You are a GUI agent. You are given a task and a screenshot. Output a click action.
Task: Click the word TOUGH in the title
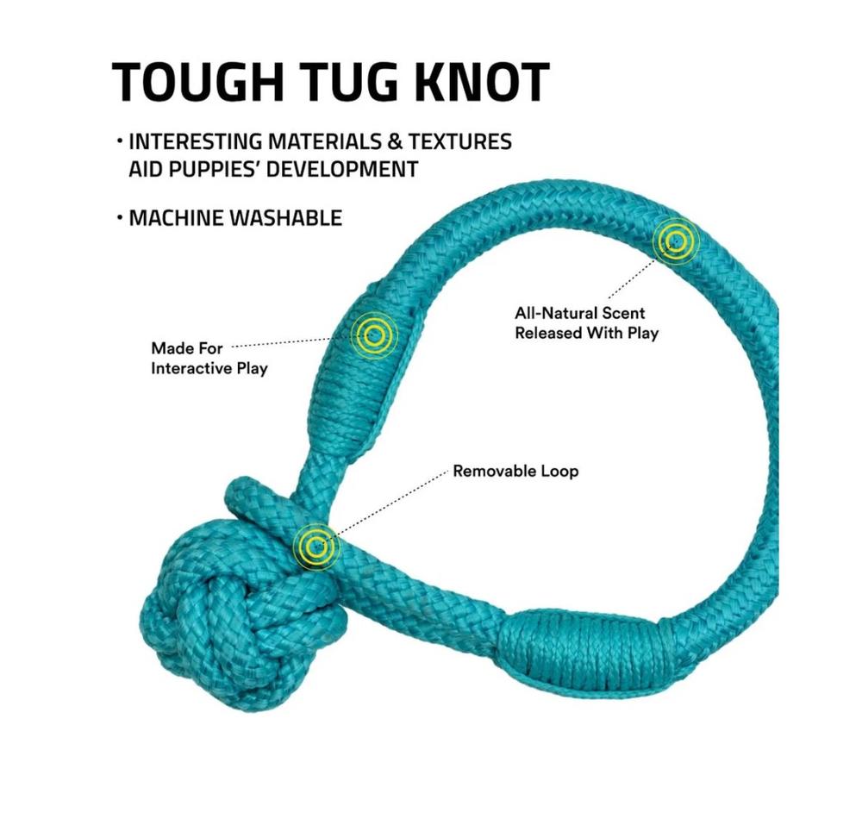[197, 82]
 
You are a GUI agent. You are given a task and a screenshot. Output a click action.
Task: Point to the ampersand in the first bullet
[395, 141]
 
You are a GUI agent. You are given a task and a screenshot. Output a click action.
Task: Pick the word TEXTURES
[459, 141]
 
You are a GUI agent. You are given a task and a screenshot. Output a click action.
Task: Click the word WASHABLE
[285, 218]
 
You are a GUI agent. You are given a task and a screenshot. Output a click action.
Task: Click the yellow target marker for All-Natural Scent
[676, 241]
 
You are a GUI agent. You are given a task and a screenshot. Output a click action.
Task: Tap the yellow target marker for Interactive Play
[374, 334]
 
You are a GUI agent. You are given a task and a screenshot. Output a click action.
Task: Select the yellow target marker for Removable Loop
[315, 547]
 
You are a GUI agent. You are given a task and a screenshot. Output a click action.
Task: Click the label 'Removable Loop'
[515, 471]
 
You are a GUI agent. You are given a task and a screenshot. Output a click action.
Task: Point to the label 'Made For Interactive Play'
[209, 359]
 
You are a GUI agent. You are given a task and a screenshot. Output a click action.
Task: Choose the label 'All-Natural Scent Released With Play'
[586, 323]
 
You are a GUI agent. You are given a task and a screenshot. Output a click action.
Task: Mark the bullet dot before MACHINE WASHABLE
[119, 217]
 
